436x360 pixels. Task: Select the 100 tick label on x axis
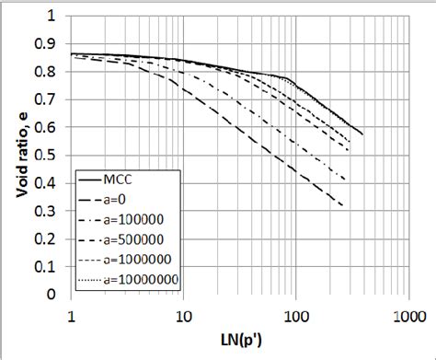click(x=295, y=316)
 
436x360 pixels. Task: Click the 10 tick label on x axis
click(x=184, y=316)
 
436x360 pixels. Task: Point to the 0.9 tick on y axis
click(x=52, y=45)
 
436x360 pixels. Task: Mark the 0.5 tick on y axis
click(x=52, y=157)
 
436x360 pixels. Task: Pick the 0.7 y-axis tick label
click(x=52, y=100)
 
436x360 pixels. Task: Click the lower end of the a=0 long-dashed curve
click(x=343, y=205)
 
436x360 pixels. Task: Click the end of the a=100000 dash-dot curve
click(x=345, y=180)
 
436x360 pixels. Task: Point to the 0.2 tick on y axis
click(x=52, y=240)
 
